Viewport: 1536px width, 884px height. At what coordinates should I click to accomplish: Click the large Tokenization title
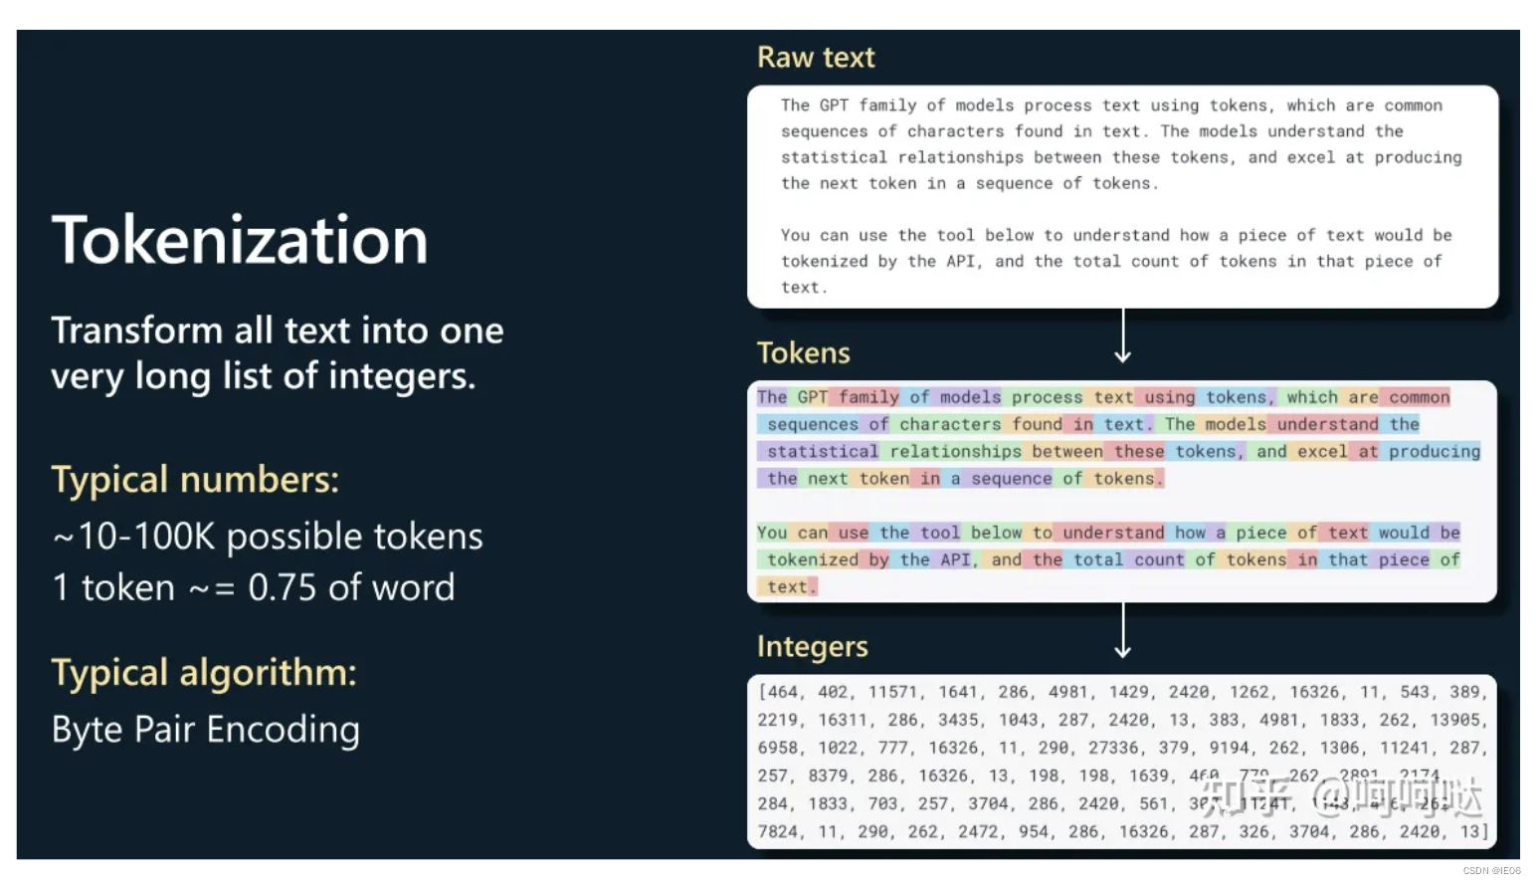(240, 240)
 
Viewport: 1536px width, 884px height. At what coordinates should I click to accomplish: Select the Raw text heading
(816, 58)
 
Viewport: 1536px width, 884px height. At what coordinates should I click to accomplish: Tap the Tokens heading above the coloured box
(803, 353)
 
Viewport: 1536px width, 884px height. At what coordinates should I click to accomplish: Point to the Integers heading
(812, 647)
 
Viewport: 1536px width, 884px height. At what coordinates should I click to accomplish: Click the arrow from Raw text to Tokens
(1123, 336)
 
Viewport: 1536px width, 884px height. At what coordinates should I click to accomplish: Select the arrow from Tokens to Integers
(1123, 631)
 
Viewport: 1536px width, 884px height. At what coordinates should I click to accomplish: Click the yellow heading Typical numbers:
(195, 480)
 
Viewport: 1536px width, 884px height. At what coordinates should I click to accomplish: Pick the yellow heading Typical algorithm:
(204, 673)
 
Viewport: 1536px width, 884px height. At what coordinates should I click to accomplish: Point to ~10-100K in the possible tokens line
(133, 537)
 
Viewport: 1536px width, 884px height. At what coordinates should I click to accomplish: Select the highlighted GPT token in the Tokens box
(812, 397)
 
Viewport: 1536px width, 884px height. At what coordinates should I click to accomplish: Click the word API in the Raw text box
(960, 261)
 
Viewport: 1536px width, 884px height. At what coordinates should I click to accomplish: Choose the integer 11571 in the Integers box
(894, 692)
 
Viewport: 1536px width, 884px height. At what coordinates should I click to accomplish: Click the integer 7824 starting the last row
(778, 831)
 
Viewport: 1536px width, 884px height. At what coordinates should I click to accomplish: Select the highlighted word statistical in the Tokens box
(823, 452)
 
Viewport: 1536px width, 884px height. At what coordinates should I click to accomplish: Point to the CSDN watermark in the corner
(1490, 870)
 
